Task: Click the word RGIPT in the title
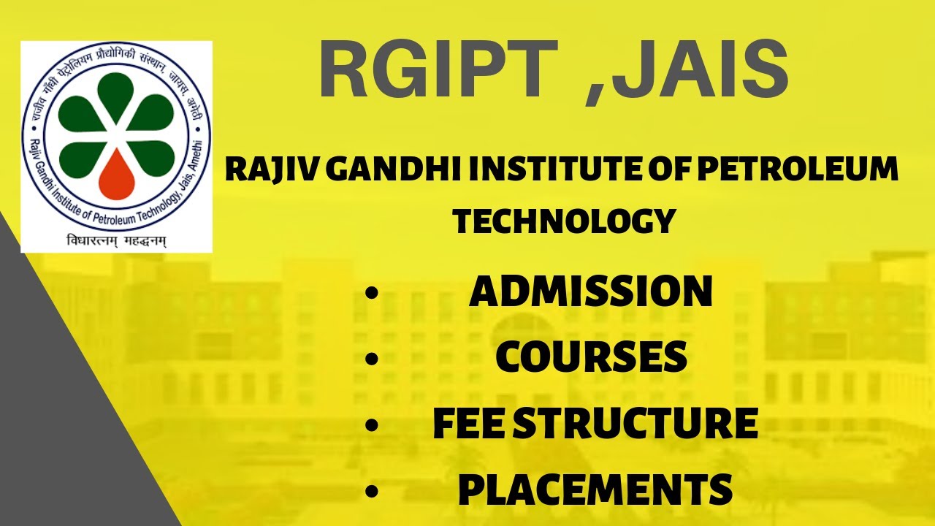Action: [x=439, y=68]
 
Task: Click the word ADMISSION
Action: [x=591, y=291]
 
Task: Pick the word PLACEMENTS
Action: [x=595, y=489]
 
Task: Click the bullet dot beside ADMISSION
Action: [x=371, y=293]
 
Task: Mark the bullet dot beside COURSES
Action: [x=371, y=359]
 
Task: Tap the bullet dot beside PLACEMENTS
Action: [x=371, y=490]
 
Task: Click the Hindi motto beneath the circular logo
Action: [x=116, y=241]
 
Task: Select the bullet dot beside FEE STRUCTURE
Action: [x=371, y=425]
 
